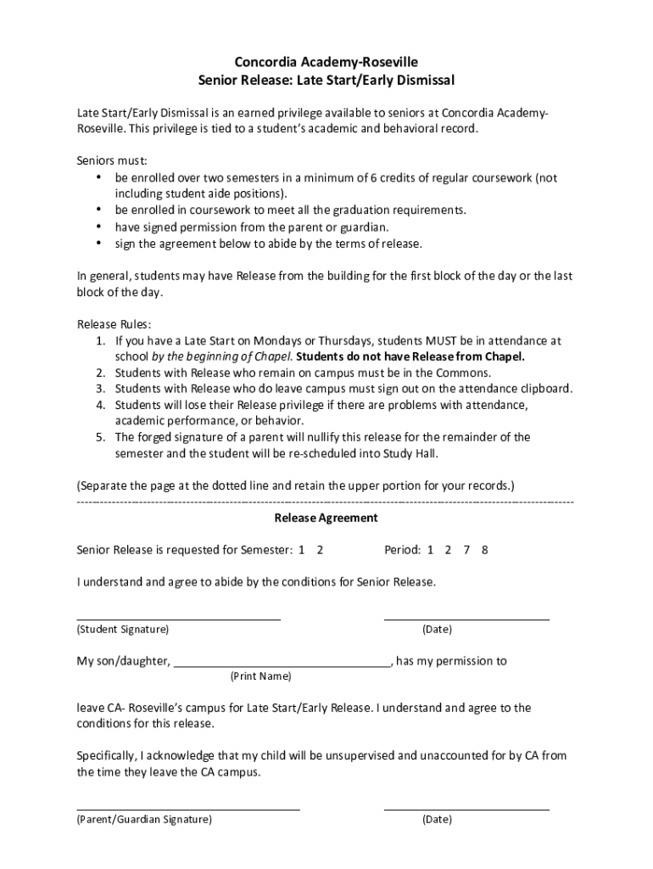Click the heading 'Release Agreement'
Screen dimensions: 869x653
[326, 518]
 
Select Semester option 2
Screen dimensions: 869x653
[320, 550]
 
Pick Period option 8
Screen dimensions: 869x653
[485, 550]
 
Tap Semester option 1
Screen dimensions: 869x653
[301, 550]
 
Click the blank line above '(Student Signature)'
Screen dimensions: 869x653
[179, 620]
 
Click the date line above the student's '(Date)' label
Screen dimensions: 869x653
[466, 620]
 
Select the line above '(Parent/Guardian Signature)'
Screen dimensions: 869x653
[188, 810]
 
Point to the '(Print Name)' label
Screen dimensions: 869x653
[260, 676]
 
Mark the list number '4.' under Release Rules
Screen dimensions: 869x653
[100, 405]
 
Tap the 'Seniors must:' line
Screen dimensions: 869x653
[112, 160]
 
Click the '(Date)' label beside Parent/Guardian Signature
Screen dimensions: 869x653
[437, 820]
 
